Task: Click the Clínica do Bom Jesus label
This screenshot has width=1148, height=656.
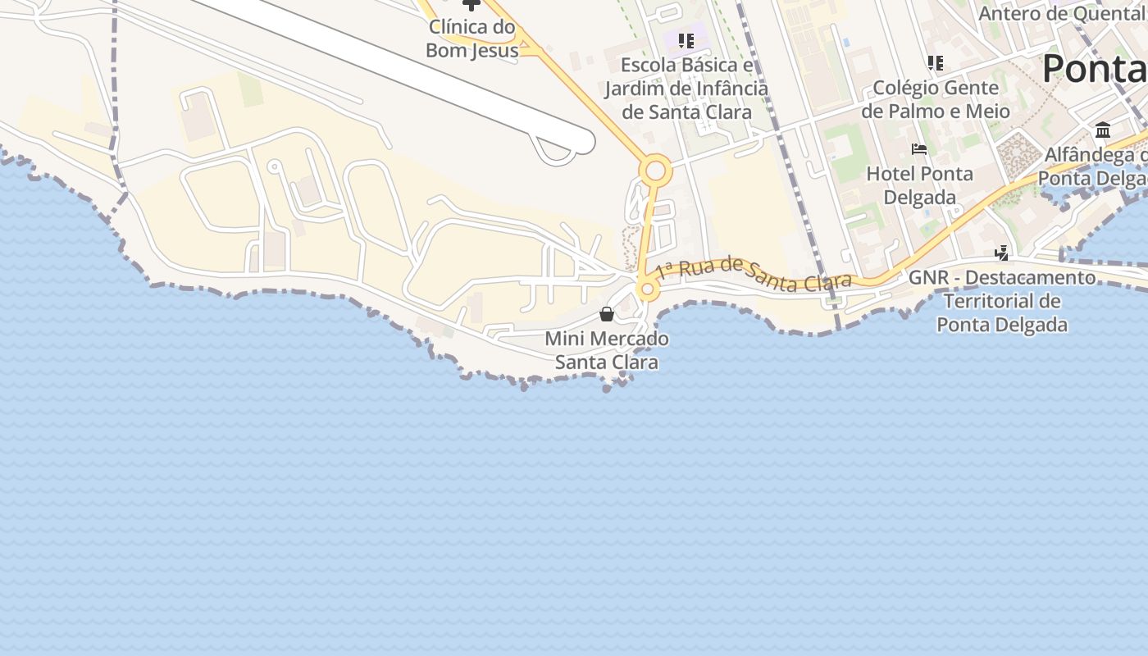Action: (472, 39)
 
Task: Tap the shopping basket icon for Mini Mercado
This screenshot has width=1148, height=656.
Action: (607, 314)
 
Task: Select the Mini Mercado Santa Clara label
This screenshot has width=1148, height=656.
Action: (607, 350)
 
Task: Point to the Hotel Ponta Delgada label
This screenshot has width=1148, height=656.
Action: (919, 185)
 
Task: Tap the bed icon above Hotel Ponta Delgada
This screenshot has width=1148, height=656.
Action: (919, 149)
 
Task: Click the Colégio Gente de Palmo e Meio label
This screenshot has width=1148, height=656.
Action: (935, 99)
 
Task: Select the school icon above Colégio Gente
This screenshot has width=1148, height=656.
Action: (935, 62)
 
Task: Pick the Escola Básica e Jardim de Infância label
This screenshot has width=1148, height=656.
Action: (686, 89)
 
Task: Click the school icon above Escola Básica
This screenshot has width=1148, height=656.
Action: (686, 40)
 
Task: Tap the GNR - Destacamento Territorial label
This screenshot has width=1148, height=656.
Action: (1002, 301)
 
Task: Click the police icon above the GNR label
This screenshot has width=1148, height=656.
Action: (1001, 253)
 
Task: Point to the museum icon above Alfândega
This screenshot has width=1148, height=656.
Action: (1103, 130)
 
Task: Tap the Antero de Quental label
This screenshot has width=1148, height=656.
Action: (1061, 13)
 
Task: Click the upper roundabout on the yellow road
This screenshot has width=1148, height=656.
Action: (655, 171)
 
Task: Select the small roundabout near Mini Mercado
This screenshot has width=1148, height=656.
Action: (648, 289)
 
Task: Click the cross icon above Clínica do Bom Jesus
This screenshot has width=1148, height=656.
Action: (471, 5)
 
